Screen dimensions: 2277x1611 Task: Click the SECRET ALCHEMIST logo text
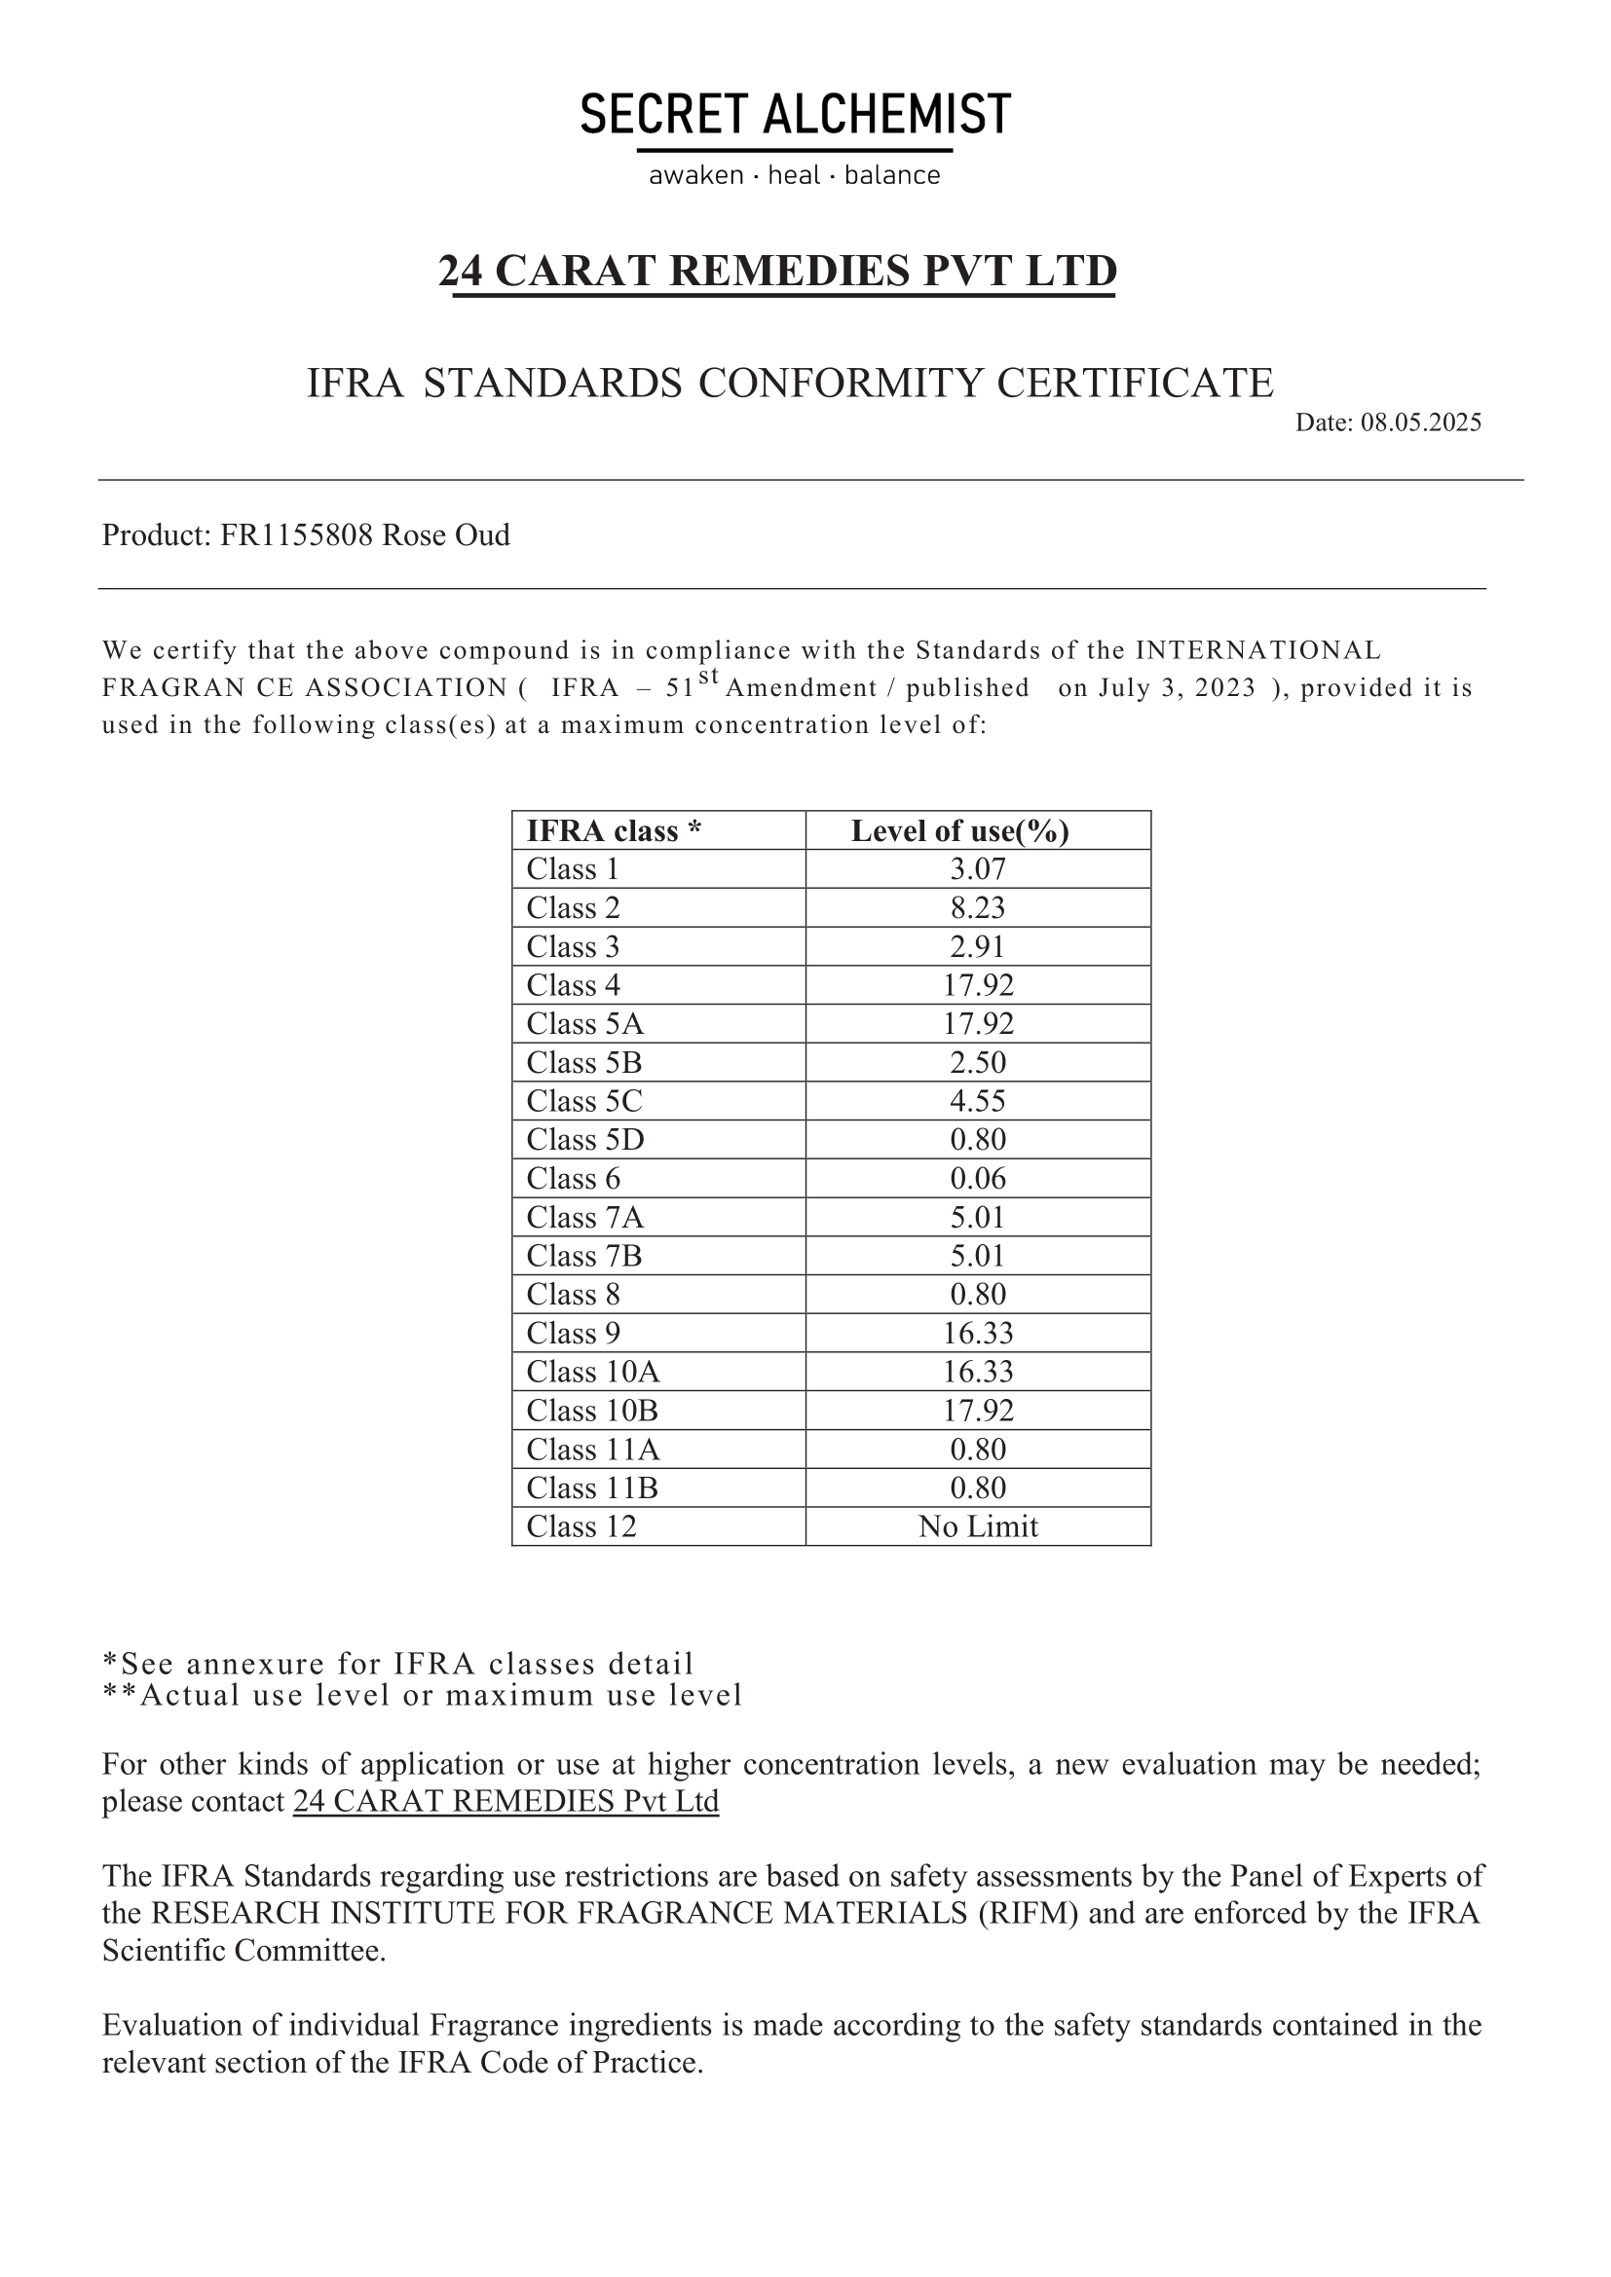click(795, 114)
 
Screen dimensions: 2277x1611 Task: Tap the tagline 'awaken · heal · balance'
click(795, 175)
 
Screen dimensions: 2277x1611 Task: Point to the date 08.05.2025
click(1420, 422)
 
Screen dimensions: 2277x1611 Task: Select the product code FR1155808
click(297, 535)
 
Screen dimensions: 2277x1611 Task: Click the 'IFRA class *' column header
click(613, 831)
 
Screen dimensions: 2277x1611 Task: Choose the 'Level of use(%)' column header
click(959, 831)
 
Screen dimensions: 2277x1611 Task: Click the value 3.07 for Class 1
click(977, 869)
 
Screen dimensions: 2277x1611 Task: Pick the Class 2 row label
click(573, 908)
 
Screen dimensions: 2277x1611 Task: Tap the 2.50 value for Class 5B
click(977, 1063)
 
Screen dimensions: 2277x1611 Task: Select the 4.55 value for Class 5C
click(977, 1102)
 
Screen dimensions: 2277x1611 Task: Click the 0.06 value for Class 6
click(977, 1179)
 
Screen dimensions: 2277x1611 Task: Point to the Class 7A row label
click(584, 1218)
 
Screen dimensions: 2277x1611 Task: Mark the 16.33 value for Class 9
click(977, 1334)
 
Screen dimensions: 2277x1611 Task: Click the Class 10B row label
click(591, 1412)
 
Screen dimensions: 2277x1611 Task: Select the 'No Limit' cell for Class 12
click(977, 1527)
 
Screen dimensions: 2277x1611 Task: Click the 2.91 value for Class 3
click(977, 947)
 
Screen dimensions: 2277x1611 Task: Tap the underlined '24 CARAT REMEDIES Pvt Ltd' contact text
click(506, 1801)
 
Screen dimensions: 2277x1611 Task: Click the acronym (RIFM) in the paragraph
click(1028, 1913)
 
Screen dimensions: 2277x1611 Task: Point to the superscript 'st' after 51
click(707, 677)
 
